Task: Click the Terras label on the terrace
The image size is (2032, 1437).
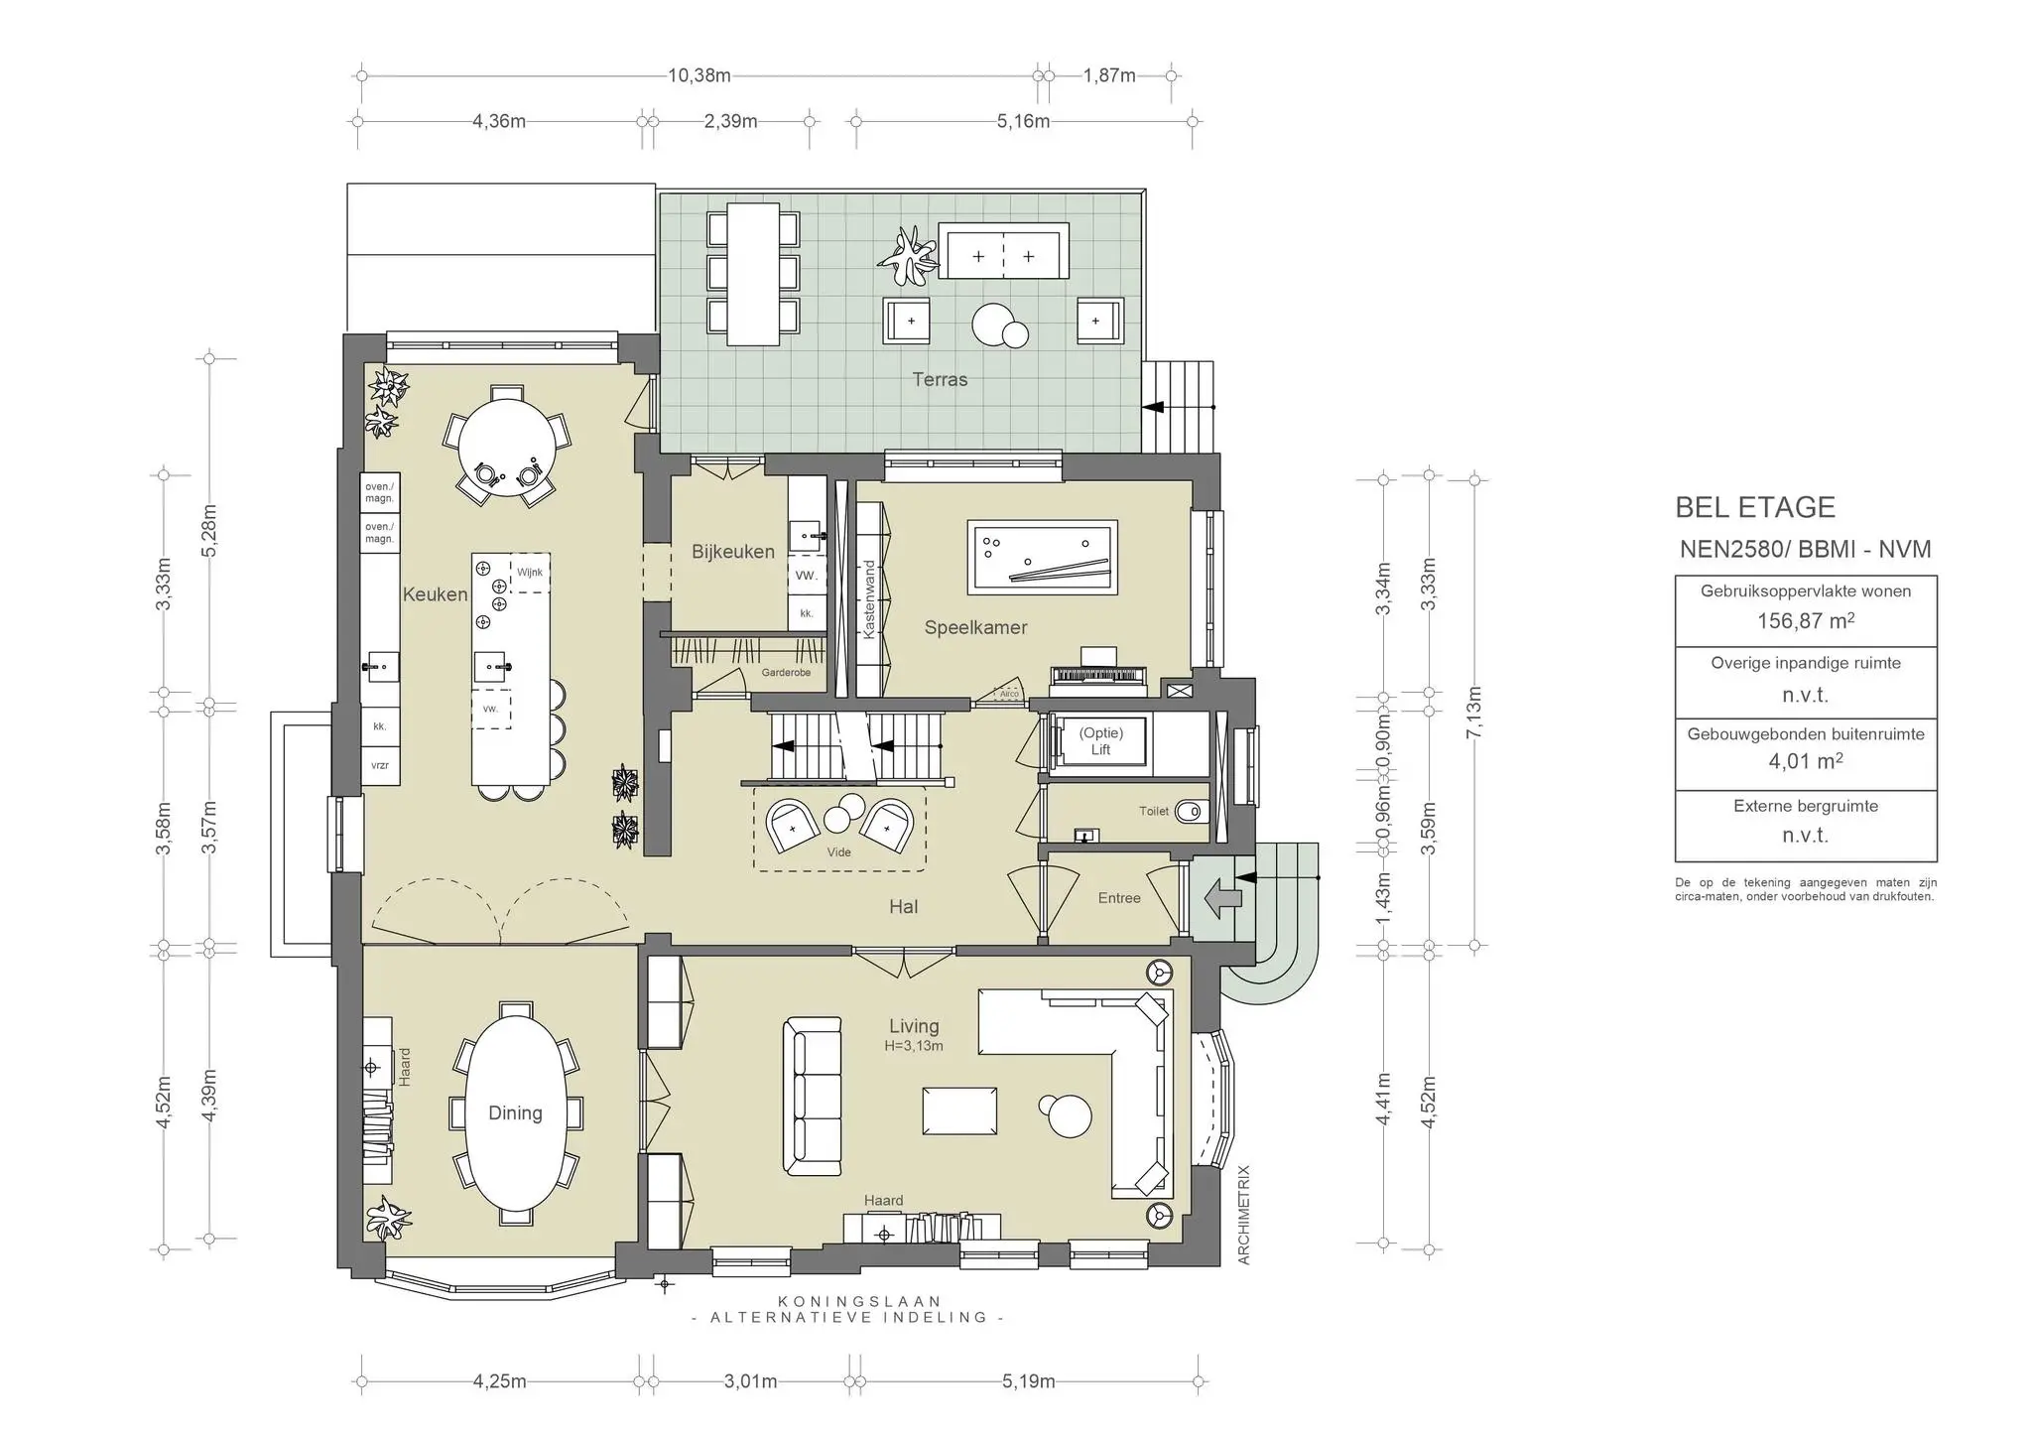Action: (x=940, y=379)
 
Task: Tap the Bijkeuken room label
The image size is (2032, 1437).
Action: (x=733, y=552)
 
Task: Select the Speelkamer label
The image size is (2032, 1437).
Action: (x=975, y=627)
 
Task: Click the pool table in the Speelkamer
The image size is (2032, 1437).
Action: (x=1042, y=558)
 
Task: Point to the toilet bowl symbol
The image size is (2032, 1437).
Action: (x=1191, y=812)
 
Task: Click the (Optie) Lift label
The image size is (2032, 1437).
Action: (x=1101, y=741)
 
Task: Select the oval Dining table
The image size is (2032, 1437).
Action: (x=515, y=1113)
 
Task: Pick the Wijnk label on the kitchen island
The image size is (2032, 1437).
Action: (x=530, y=573)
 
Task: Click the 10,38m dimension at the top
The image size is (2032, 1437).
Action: (x=698, y=75)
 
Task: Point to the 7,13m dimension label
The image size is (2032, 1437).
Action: (x=1474, y=713)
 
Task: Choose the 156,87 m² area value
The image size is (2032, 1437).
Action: (x=1806, y=621)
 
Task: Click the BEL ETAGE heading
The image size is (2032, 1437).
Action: (x=1755, y=507)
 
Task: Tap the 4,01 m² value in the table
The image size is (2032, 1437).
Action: (x=1806, y=761)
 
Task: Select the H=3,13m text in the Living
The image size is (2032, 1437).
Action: (x=914, y=1046)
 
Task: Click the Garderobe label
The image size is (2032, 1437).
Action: (x=786, y=673)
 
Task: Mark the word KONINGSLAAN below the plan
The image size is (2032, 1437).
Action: (x=859, y=1301)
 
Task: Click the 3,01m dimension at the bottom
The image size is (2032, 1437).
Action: (x=751, y=1381)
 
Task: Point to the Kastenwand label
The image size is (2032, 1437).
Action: (x=870, y=599)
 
